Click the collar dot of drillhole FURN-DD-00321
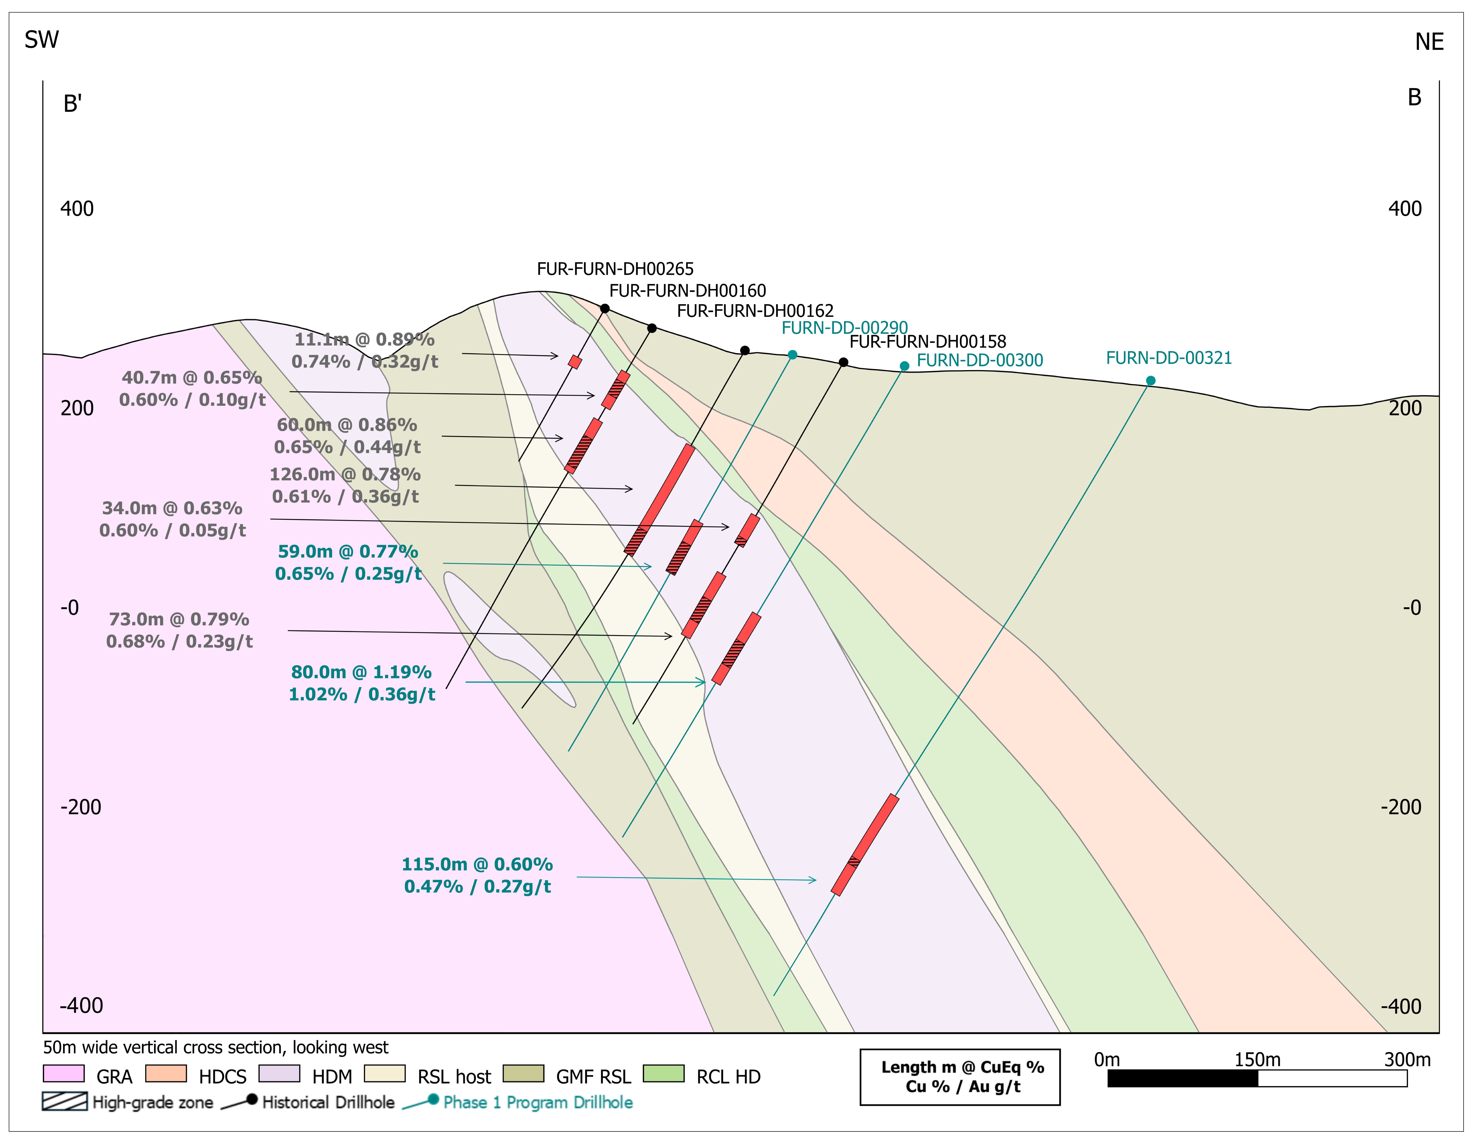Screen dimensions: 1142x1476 pos(1150,380)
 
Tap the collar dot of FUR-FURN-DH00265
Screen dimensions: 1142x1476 pos(605,309)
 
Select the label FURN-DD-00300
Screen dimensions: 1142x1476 pos(979,360)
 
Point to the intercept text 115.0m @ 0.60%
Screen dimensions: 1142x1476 pos(477,864)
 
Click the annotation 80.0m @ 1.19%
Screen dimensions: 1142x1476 pos(361,672)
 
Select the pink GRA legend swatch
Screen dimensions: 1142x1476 pos(64,1074)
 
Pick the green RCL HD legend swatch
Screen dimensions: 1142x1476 pos(664,1074)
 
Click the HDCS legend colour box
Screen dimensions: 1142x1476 pos(166,1074)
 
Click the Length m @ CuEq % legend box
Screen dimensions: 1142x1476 pos(960,1077)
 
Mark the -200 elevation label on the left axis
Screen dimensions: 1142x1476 pos(81,807)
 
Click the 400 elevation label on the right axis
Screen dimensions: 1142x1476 pos(1404,209)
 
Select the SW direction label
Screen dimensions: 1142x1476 pos(41,40)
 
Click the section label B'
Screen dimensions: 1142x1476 pos(72,104)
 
